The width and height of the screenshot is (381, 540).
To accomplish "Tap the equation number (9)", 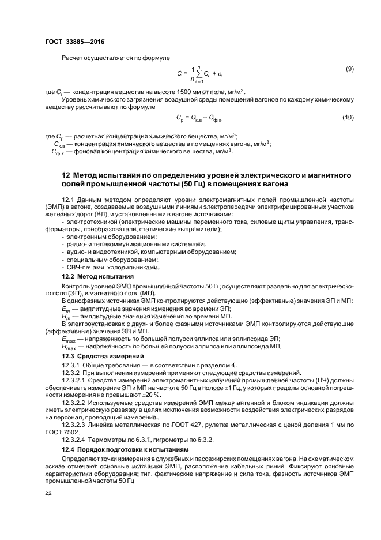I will (x=349, y=69).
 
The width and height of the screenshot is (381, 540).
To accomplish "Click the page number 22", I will (x=48, y=493).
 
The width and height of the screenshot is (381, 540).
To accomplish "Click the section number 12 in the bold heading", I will (x=66, y=175).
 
